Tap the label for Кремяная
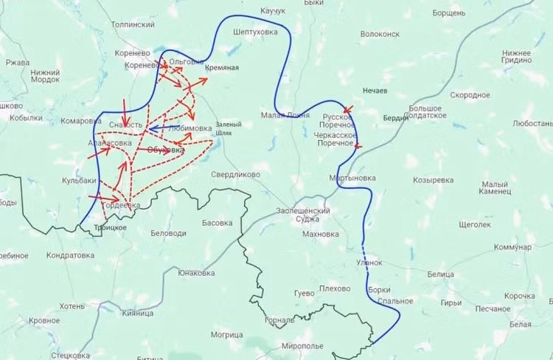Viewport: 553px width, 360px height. coord(222,68)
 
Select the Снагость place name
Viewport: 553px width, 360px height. coord(125,125)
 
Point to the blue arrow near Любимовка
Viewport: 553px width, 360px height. coord(156,128)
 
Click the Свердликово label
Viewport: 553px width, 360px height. coord(236,175)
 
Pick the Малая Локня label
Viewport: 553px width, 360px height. coord(285,114)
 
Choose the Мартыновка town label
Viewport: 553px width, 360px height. coord(352,178)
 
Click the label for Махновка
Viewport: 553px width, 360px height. coord(321,235)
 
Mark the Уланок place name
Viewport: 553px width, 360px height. coord(369,262)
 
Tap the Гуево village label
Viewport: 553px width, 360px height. coord(304,293)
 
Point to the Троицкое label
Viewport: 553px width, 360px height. coord(110,227)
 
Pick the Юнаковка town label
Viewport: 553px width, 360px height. coord(196,273)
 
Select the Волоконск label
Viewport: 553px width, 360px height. coord(380,34)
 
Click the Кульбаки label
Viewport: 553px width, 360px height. coord(79,180)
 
